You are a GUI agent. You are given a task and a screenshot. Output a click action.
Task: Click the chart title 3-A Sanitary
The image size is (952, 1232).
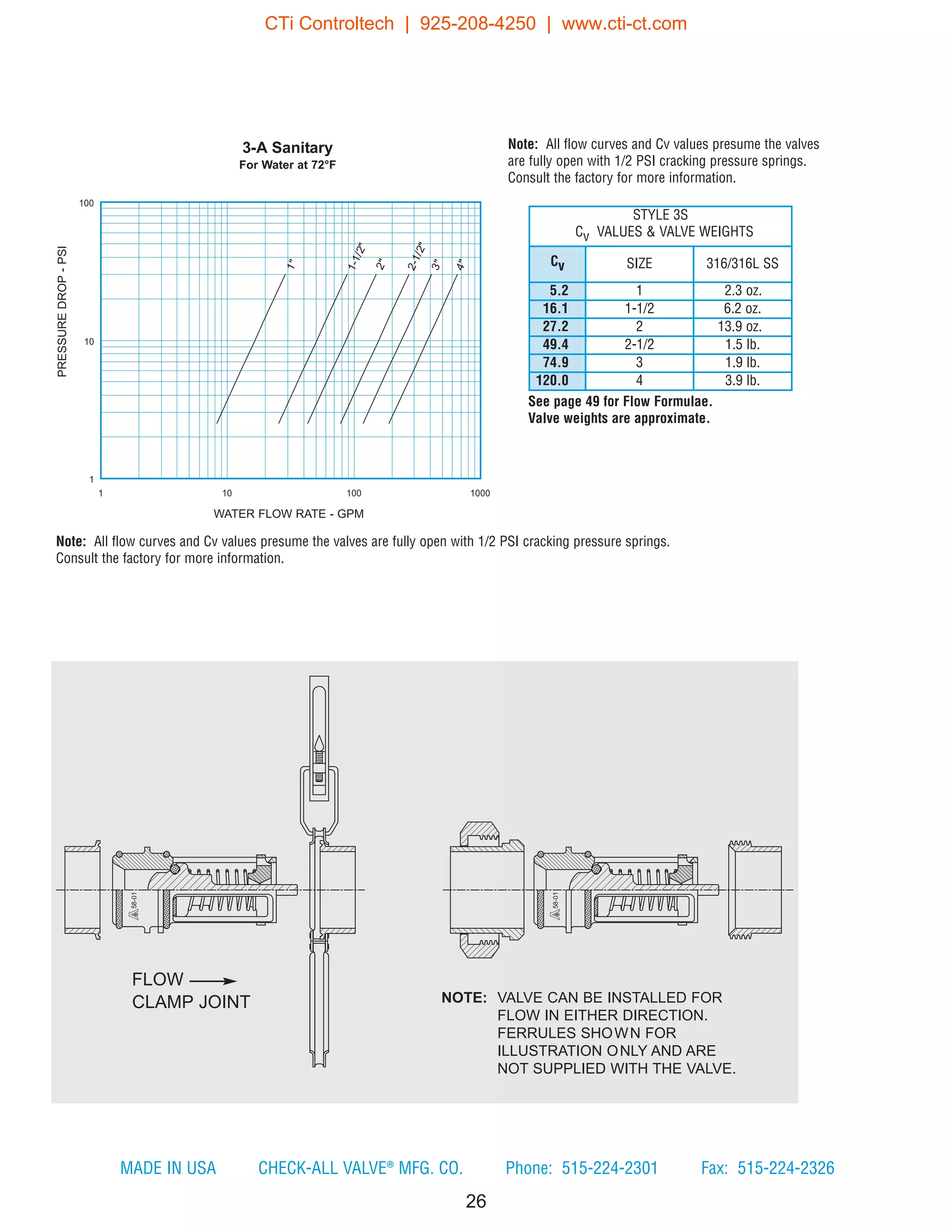coord(287,148)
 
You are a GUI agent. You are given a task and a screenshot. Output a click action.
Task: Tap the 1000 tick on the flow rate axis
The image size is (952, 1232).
coord(480,493)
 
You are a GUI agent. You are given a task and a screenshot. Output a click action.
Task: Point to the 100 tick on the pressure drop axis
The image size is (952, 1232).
coord(86,203)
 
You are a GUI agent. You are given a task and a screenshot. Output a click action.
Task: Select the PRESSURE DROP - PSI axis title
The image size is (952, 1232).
coord(62,311)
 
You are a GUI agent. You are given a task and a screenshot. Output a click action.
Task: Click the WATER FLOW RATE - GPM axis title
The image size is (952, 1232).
coord(288,514)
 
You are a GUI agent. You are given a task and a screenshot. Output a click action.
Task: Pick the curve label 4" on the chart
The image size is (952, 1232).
coord(461,265)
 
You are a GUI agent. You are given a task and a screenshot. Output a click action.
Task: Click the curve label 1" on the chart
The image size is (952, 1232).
coord(291,264)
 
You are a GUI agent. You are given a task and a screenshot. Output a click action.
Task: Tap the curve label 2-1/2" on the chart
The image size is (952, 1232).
coord(416,257)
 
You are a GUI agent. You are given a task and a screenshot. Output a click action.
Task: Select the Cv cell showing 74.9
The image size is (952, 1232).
coord(555,362)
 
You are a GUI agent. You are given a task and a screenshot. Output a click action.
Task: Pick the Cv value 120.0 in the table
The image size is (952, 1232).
coord(552,380)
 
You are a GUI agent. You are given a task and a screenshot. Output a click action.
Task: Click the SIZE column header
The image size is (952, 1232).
coord(639,264)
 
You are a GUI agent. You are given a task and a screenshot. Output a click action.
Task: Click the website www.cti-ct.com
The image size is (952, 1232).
coord(624,24)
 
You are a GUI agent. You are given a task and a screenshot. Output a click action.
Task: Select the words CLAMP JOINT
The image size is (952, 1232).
coord(191,1002)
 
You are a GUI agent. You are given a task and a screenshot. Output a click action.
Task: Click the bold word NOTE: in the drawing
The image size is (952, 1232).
coord(463,997)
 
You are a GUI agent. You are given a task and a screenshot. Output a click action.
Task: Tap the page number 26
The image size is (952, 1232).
coord(476,1201)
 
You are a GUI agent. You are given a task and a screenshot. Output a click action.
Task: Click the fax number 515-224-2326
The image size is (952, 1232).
coord(785,1168)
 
